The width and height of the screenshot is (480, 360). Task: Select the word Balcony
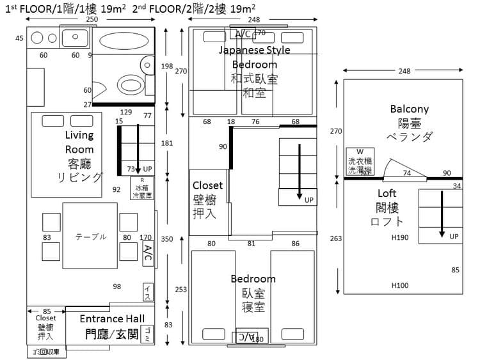[409, 109]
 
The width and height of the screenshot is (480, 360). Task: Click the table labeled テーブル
[90, 236]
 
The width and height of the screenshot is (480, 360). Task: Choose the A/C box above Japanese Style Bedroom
[243, 34]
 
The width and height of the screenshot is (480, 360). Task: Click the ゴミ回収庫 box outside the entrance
[43, 352]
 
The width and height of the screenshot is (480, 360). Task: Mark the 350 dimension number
[167, 239]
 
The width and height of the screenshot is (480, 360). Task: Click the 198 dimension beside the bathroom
[167, 67]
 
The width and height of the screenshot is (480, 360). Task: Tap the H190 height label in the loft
[400, 237]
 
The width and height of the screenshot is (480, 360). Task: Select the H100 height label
[400, 285]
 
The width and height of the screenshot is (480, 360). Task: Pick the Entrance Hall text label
[112, 318]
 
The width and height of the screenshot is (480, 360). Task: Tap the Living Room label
[79, 142]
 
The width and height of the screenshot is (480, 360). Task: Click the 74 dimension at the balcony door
[406, 173]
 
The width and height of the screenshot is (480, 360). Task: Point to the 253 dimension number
[181, 290]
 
